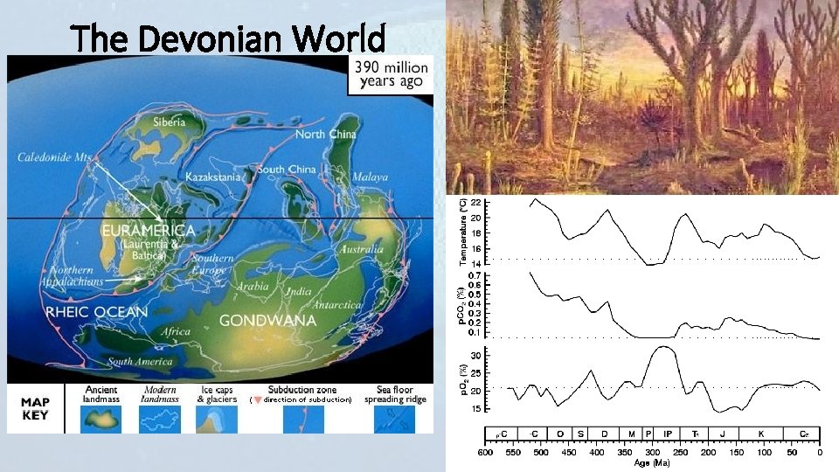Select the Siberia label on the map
(x=169, y=123)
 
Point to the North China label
(x=326, y=135)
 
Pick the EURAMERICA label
(x=149, y=230)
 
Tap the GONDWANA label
(x=260, y=320)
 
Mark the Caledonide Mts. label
(x=55, y=157)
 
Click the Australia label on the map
(x=359, y=249)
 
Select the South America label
(x=133, y=362)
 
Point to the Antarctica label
(x=336, y=305)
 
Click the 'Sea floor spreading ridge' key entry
(x=395, y=395)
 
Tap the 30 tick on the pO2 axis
(x=475, y=356)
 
